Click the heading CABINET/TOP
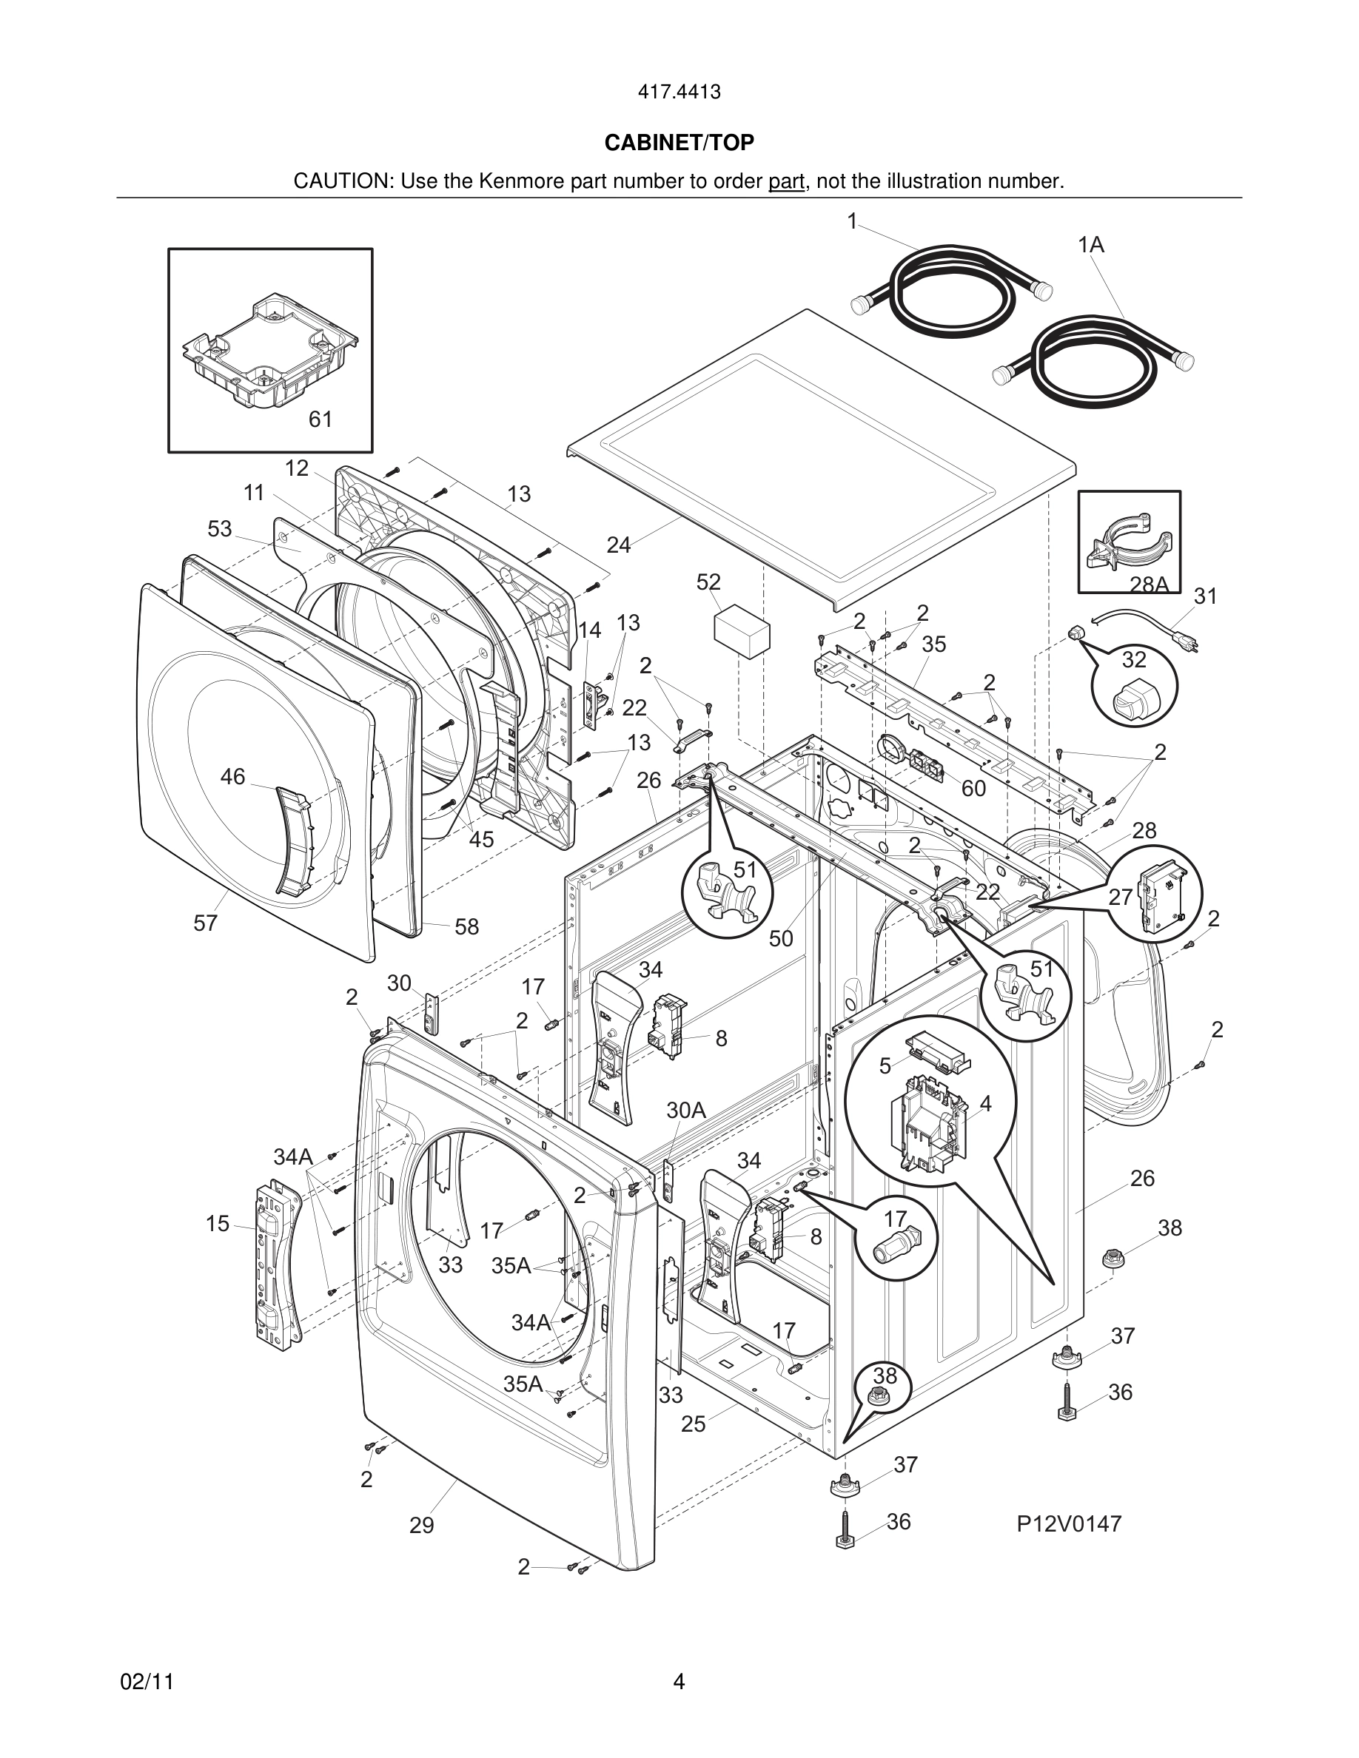[x=679, y=143]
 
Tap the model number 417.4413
[x=679, y=92]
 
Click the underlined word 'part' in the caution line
[x=787, y=181]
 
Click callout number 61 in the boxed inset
[x=321, y=420]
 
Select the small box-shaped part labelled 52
[x=742, y=633]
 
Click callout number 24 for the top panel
[x=618, y=545]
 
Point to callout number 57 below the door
[x=205, y=923]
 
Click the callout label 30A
[x=686, y=1110]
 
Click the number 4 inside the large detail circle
[x=985, y=1104]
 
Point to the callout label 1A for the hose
[x=1091, y=245]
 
